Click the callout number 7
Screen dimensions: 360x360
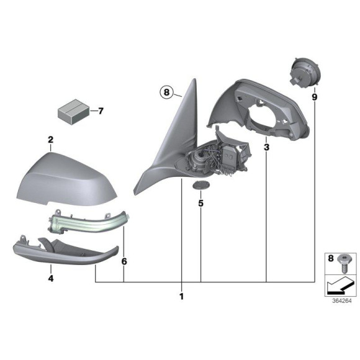click(x=101, y=112)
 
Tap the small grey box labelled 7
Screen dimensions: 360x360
click(x=73, y=112)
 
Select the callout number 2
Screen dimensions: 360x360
click(x=50, y=140)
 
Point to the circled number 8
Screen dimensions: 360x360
click(x=165, y=92)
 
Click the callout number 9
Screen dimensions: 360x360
click(x=315, y=97)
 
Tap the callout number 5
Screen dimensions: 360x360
click(x=201, y=203)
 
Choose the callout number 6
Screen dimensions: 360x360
click(x=124, y=262)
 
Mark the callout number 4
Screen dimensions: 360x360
click(x=50, y=279)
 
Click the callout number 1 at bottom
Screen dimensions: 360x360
click(x=181, y=297)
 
